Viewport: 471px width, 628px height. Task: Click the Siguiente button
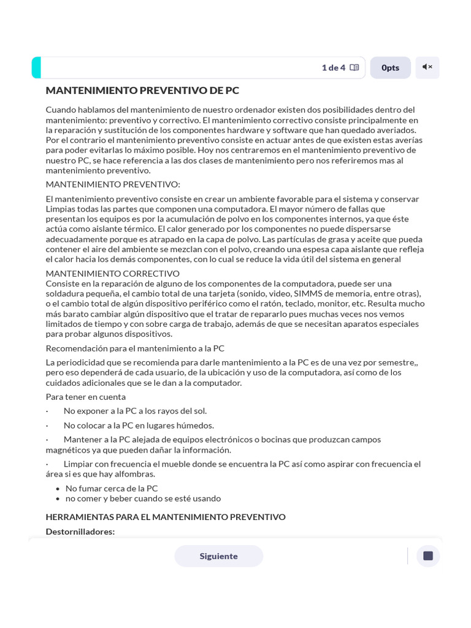point(218,556)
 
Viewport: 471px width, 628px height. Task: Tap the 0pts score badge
point(390,67)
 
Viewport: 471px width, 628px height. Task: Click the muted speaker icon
point(427,67)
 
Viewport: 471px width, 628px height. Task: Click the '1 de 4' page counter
point(333,67)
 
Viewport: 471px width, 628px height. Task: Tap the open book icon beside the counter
point(354,67)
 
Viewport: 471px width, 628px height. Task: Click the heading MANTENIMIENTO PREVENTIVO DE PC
point(142,91)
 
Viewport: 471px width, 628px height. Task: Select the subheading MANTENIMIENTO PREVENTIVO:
point(113,185)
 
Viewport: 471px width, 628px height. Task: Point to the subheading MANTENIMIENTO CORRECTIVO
point(113,274)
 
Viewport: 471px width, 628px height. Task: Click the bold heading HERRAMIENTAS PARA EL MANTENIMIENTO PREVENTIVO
point(166,517)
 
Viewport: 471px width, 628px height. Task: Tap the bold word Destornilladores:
point(80,532)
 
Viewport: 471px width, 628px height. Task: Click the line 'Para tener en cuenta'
point(86,397)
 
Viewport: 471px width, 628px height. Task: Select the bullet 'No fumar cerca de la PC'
point(112,489)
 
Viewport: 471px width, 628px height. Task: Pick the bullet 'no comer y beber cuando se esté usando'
point(143,499)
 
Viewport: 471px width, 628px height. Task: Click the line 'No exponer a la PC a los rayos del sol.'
point(135,411)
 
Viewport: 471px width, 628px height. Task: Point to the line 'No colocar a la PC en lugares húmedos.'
point(139,426)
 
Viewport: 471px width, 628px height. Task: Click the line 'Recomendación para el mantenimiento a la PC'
point(135,348)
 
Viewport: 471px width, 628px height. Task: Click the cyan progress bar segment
point(36,67)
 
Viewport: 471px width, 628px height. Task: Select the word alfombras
point(134,474)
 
